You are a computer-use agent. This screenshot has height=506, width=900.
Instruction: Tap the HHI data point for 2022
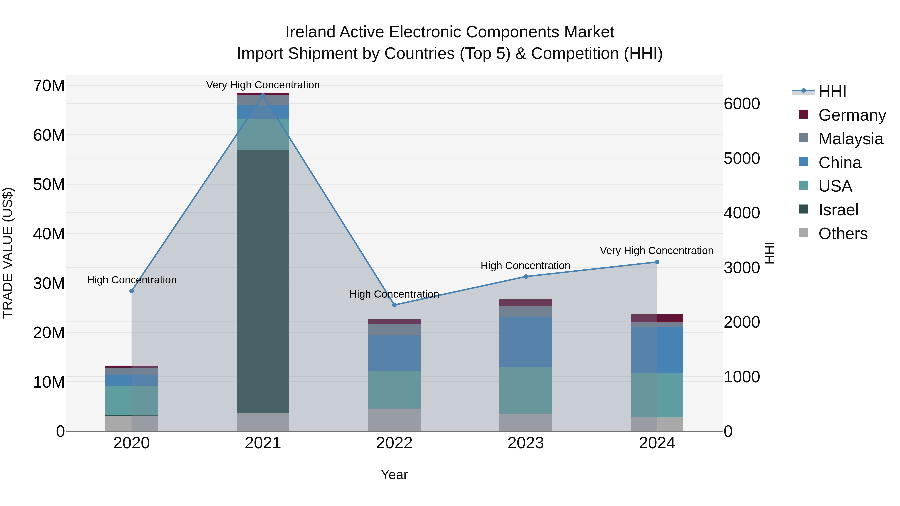click(x=394, y=305)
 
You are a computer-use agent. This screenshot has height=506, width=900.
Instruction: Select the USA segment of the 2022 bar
click(x=394, y=389)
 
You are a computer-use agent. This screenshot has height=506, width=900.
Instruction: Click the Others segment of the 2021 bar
click(x=263, y=422)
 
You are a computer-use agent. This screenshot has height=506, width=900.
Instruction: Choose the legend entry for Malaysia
click(x=850, y=139)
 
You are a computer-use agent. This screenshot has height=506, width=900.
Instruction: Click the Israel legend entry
click(x=838, y=210)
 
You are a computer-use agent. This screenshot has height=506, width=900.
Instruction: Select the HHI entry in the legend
click(x=832, y=91)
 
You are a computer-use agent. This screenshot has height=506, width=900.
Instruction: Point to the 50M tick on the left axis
click(x=49, y=184)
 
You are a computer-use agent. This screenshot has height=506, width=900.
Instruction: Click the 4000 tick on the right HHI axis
click(x=742, y=213)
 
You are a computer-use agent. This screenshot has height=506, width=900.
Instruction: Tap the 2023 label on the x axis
click(x=525, y=443)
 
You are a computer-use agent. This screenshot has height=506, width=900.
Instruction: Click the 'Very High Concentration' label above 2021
click(x=263, y=85)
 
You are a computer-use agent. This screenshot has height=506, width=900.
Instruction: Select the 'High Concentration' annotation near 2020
click(x=132, y=280)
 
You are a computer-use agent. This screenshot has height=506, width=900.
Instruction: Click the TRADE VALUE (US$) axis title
click(x=8, y=253)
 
